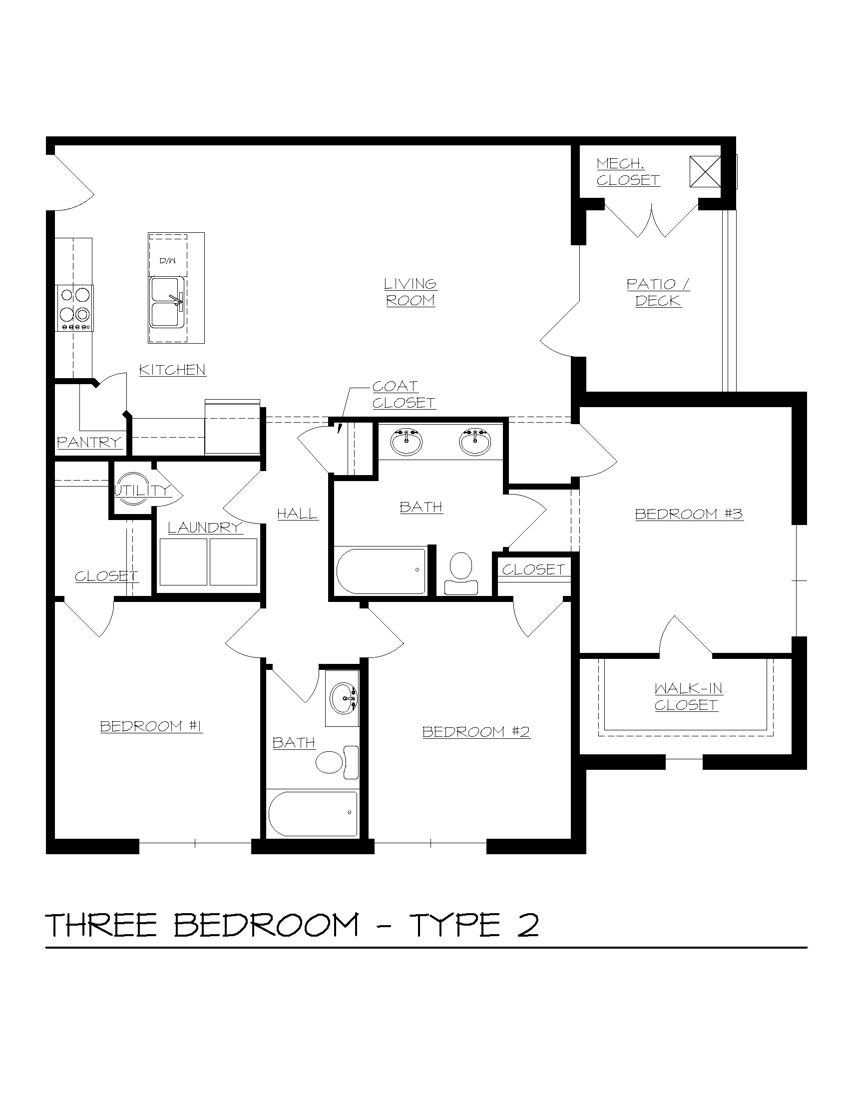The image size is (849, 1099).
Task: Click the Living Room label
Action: pyautogui.click(x=411, y=292)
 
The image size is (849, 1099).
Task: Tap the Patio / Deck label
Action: pyautogui.click(x=658, y=293)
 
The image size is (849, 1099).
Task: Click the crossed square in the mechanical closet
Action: pyautogui.click(x=705, y=171)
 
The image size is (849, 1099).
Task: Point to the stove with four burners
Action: pyautogui.click(x=74, y=308)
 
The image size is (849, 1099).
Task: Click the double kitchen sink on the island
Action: pyautogui.click(x=166, y=302)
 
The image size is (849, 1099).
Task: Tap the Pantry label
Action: pyautogui.click(x=89, y=443)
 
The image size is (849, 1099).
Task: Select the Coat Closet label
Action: pyautogui.click(x=404, y=395)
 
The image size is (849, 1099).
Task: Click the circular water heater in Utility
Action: pyautogui.click(x=133, y=489)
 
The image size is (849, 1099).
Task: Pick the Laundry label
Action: pyautogui.click(x=205, y=528)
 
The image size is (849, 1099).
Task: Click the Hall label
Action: pyautogui.click(x=298, y=514)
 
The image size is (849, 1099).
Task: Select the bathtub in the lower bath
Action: pyautogui.click(x=313, y=814)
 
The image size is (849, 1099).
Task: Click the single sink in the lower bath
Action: pyautogui.click(x=343, y=698)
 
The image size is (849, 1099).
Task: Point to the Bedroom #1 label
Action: pyautogui.click(x=151, y=726)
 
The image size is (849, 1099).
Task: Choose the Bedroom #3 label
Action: pyautogui.click(x=689, y=514)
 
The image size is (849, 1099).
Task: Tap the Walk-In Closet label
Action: pyautogui.click(x=687, y=696)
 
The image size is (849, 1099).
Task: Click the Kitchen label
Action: pyautogui.click(x=172, y=370)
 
